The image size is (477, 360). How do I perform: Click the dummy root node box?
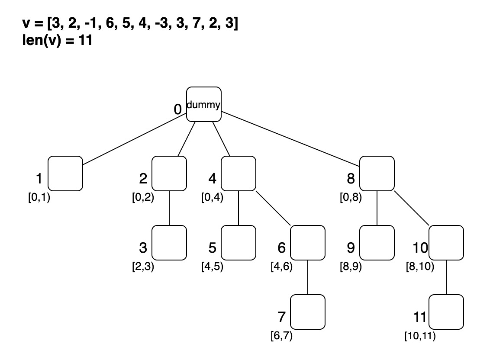203,104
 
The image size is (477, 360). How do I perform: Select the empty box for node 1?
65,173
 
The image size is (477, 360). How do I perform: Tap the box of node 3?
169,242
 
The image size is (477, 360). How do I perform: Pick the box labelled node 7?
307,312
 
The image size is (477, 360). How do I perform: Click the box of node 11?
446,312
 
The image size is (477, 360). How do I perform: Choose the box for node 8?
377,173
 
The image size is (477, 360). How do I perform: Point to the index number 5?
212,248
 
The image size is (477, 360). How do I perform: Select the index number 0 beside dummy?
177,109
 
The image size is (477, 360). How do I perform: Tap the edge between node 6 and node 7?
307,277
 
